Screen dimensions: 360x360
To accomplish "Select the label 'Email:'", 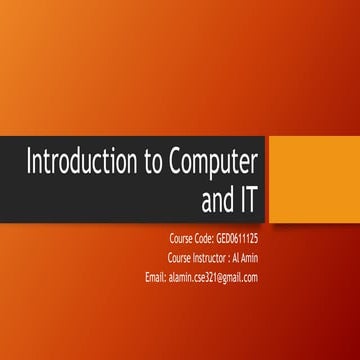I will coord(157,277).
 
